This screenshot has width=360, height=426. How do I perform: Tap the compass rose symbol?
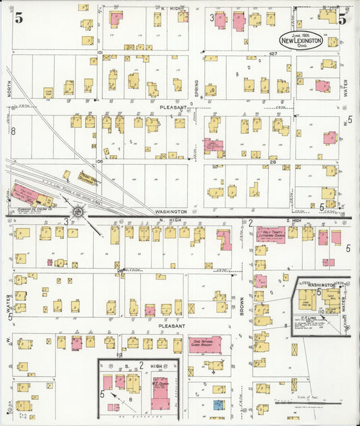[x=78, y=214]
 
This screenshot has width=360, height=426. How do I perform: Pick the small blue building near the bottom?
[x=218, y=404]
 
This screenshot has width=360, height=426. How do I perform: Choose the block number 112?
[x=119, y=355]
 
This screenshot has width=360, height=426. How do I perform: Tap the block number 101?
[x=99, y=52]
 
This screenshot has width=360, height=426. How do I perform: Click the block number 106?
[x=99, y=162]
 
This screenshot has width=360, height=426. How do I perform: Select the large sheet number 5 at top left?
[x=18, y=18]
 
